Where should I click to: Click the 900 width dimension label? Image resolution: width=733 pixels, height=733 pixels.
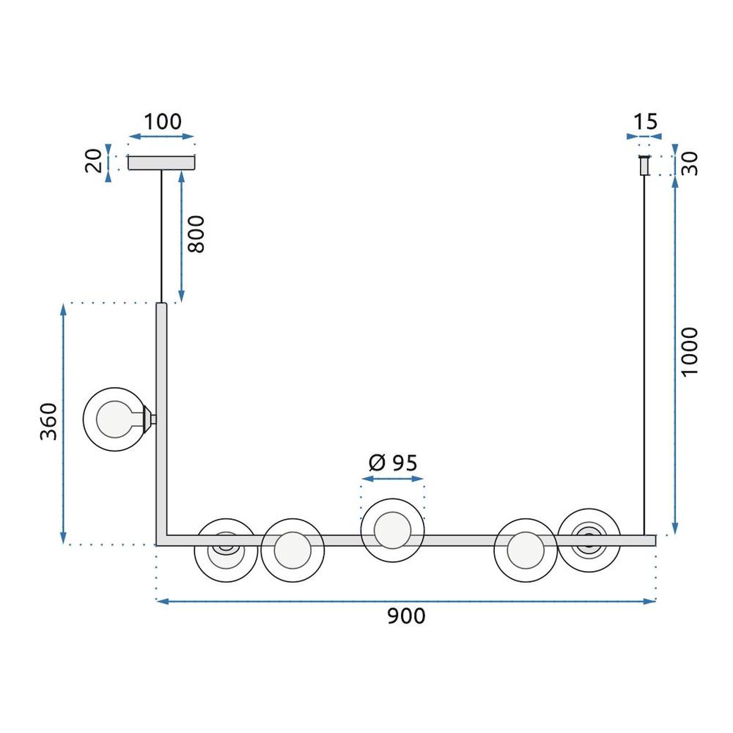coord(405,617)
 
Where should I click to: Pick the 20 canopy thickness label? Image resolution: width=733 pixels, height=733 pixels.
coord(93,161)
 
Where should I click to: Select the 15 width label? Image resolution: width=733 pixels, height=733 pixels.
coord(644,122)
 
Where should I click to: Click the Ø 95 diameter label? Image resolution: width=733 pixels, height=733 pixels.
coord(392,463)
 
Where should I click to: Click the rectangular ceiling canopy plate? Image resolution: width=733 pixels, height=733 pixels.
coord(162,163)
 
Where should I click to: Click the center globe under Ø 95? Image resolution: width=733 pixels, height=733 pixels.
coord(392,530)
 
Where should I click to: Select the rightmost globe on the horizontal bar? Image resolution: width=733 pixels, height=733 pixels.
coord(589,539)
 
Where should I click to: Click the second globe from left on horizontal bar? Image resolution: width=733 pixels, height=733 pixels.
coord(292,550)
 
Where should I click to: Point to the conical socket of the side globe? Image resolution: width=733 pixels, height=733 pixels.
coord(150,419)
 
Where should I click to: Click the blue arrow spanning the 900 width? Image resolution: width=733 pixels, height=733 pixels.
coord(405,601)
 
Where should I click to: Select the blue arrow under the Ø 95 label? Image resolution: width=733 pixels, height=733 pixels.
coord(392,479)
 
